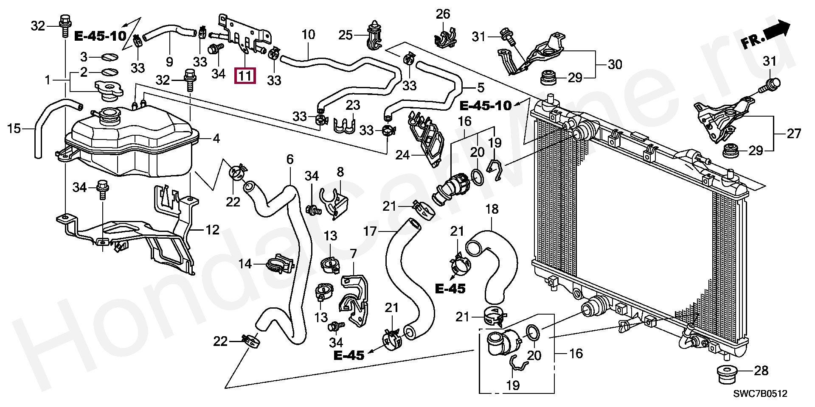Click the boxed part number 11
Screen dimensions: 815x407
tap(246, 76)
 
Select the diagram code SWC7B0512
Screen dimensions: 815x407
tap(760, 394)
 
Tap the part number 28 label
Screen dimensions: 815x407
tap(761, 371)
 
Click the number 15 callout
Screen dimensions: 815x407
tap(14, 128)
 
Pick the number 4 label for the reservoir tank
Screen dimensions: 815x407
tap(216, 138)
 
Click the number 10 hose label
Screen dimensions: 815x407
tap(308, 34)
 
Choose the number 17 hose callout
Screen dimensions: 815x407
tap(370, 231)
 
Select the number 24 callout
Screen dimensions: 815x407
tap(402, 155)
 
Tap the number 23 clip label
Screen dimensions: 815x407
tap(352, 105)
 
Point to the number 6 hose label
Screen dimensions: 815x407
tap(290, 159)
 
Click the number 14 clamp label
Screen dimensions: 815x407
tap(245, 264)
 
